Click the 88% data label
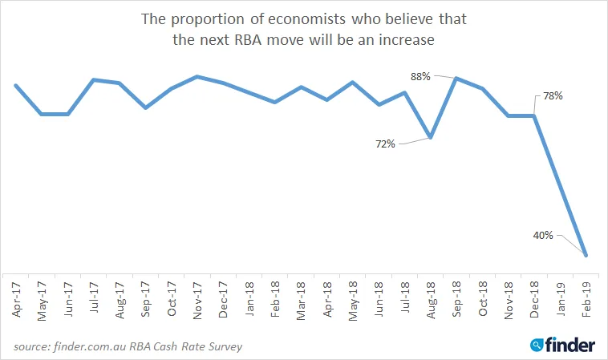pos(421,77)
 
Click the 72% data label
pos(385,144)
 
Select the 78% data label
pos(553,96)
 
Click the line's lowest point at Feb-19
pos(586,256)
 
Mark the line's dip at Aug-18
pos(431,138)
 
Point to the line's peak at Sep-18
pos(456,78)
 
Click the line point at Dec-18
pos(535,115)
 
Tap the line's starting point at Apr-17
pos(16,85)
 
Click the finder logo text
pos(570,345)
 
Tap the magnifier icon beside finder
pos(537,346)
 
